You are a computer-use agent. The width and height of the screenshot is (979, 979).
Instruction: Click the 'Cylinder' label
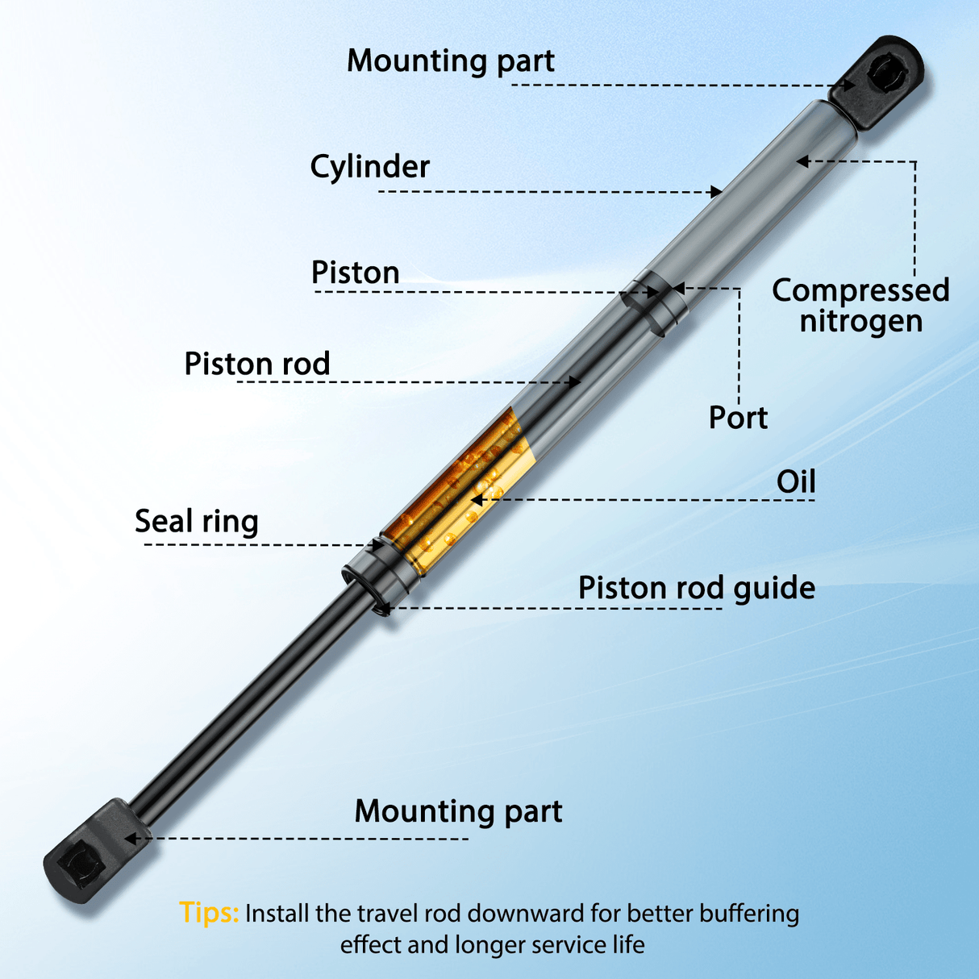pyautogui.click(x=370, y=167)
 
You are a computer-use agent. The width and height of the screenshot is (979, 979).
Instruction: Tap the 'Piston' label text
pyautogui.click(x=355, y=273)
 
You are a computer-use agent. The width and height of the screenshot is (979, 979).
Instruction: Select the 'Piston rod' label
pyautogui.click(x=257, y=364)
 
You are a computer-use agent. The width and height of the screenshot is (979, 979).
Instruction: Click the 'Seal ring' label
pyautogui.click(x=197, y=522)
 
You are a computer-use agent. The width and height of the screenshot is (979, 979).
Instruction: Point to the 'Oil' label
pyautogui.click(x=796, y=481)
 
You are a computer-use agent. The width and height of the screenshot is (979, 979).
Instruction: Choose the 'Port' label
pyautogui.click(x=738, y=418)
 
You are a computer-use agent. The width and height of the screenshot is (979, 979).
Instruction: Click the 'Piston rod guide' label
pyautogui.click(x=697, y=589)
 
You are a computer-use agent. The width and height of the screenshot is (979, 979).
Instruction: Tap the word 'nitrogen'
pyautogui.click(x=861, y=322)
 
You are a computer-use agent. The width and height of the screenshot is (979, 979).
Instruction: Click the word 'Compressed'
pyautogui.click(x=860, y=290)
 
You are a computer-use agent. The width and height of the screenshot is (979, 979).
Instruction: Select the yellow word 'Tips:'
pyautogui.click(x=209, y=912)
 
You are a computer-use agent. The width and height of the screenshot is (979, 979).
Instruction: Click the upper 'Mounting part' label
pyautogui.click(x=451, y=61)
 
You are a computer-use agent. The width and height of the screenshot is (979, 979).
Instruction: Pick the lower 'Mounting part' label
pyautogui.click(x=458, y=811)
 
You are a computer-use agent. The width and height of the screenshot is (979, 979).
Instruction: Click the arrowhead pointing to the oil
pyautogui.click(x=477, y=501)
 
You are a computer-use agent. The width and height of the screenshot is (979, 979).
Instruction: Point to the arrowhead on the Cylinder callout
pyautogui.click(x=716, y=192)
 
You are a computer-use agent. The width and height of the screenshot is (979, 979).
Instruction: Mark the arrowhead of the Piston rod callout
pyautogui.click(x=575, y=381)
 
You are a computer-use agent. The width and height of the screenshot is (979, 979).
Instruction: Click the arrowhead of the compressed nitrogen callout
pyautogui.click(x=802, y=161)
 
